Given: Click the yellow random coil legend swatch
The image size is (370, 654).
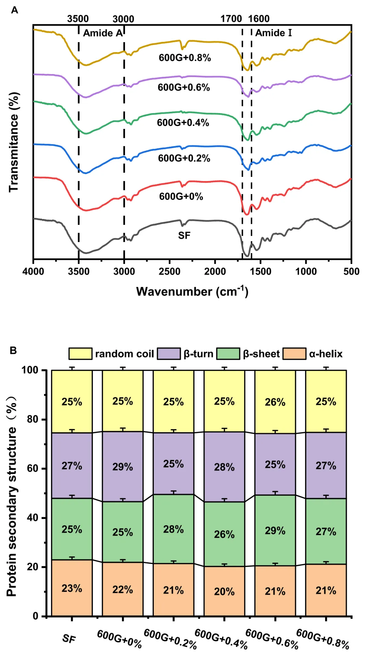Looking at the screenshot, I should coord(80,354).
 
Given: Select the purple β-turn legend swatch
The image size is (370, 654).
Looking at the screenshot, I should coord(169,354).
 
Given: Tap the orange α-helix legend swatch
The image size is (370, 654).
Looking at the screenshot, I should coord(294,354).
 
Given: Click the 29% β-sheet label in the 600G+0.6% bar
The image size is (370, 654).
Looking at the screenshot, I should coord(275,531).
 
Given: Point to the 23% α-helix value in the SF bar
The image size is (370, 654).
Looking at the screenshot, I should coord(72,588).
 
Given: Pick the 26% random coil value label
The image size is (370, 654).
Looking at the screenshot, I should coord(275,402).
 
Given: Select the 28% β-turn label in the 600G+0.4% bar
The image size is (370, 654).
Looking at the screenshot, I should coord(224,467).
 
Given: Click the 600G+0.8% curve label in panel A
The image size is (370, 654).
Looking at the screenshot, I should coord(185,58).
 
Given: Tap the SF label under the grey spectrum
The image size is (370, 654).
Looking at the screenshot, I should coord(184,235).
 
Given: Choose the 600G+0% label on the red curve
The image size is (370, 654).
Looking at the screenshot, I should coord(181,196).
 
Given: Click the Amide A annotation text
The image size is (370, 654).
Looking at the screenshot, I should coord(102,33).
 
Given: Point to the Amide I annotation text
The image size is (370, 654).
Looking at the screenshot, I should coord(273,33).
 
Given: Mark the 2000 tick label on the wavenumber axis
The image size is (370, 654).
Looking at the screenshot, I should coord(215,272).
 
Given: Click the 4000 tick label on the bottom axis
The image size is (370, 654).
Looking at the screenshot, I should coord(33,272).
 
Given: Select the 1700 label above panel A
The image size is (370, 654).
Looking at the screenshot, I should coord(231,19).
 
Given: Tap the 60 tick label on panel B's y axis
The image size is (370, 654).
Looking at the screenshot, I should coord(33,468).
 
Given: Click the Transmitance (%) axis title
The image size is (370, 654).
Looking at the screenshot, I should coord(14,142).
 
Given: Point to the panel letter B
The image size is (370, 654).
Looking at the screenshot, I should coord(13,351).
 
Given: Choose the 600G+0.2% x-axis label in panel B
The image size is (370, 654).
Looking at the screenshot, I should coord(170,639).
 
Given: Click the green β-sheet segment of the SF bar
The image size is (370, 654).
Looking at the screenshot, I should coord(72,529).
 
